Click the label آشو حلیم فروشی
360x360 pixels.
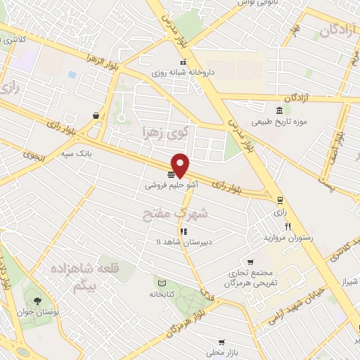coord(172,186)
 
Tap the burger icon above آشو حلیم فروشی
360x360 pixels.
coord(172,174)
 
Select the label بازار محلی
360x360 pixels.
coord(221,352)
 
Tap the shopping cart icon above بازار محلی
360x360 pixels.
coord(221,341)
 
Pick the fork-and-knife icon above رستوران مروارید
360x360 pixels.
coord(288,227)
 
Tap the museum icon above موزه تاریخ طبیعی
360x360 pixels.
coord(280,110)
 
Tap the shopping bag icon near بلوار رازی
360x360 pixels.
coord(96,116)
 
